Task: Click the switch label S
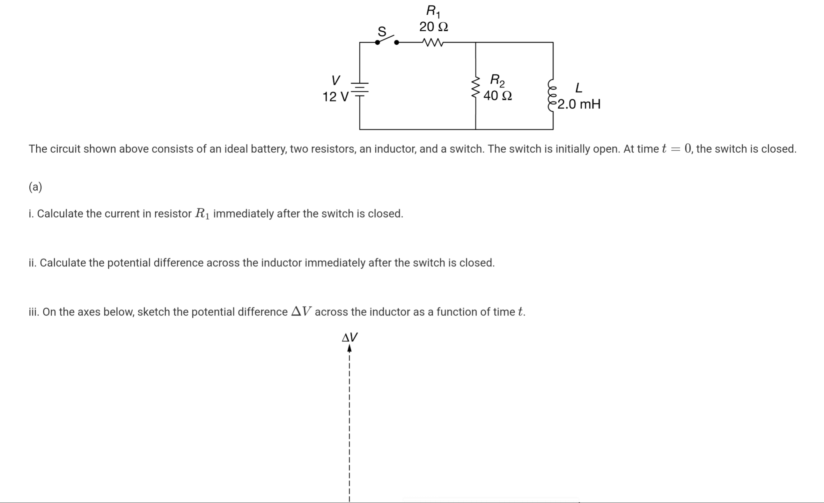click(x=382, y=31)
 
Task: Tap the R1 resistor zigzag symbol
click(x=433, y=42)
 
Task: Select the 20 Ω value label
click(x=433, y=26)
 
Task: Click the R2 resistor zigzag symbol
click(x=475, y=88)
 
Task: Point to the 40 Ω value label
click(x=497, y=96)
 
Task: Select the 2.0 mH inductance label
click(x=579, y=104)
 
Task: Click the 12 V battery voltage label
click(x=335, y=97)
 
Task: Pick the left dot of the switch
click(x=378, y=42)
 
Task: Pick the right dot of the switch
click(x=397, y=42)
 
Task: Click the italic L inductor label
click(x=578, y=88)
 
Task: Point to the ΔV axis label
click(x=350, y=337)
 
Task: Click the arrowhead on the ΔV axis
click(x=349, y=349)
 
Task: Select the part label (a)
click(x=35, y=187)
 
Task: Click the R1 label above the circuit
click(x=433, y=12)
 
